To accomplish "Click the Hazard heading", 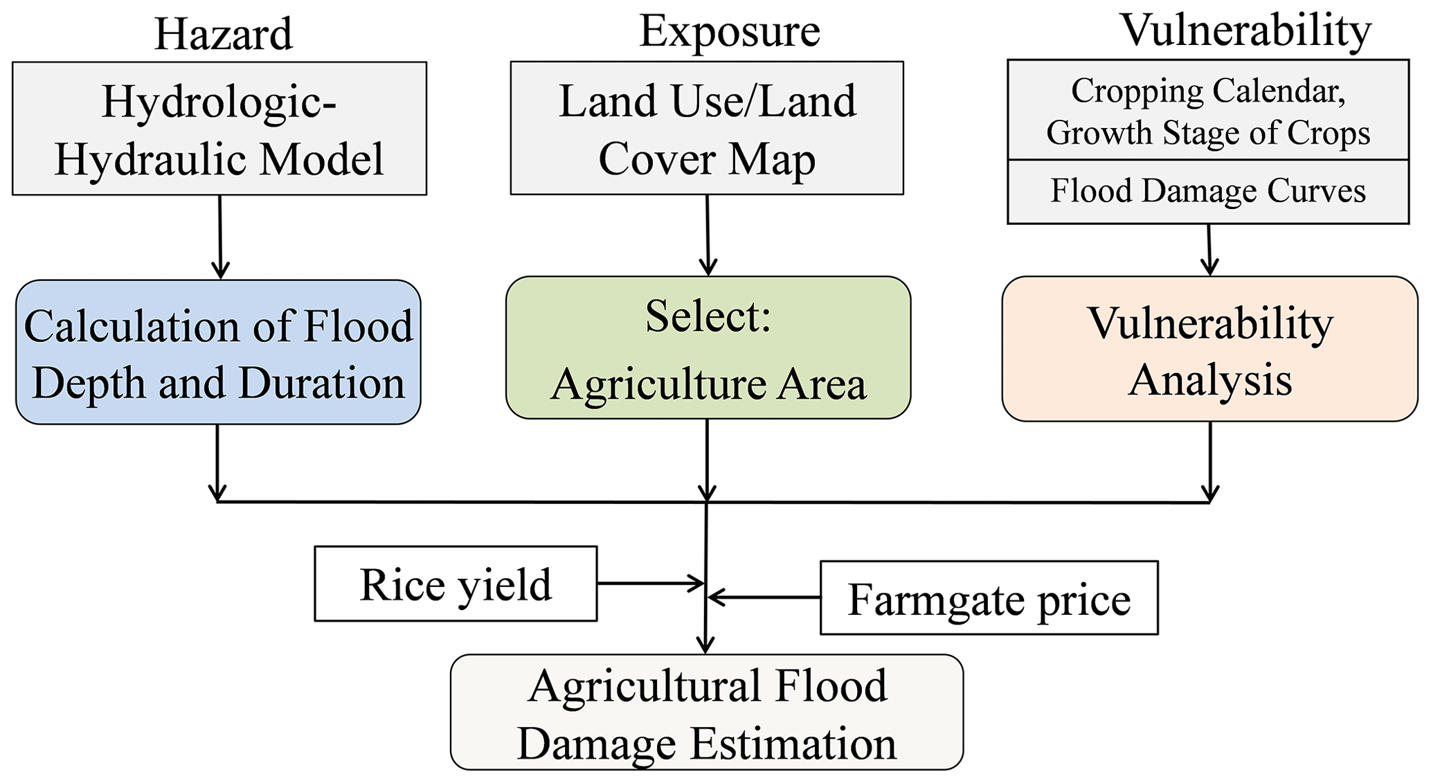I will [x=223, y=34].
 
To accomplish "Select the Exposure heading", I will [x=729, y=31].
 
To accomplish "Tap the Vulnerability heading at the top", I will [x=1245, y=30].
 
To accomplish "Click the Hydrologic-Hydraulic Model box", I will [x=219, y=129].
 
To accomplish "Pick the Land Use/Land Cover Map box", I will [x=707, y=129].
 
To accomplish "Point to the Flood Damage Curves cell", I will [x=1208, y=192].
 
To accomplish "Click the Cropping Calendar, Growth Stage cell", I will [x=1208, y=111].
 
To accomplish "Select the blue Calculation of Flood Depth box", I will [x=218, y=352].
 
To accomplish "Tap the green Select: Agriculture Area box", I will [x=708, y=348].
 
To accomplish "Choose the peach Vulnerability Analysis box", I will [x=1209, y=349].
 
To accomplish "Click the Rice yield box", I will [x=456, y=584].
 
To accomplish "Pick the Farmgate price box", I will [x=989, y=598].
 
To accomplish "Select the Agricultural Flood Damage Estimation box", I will [x=706, y=712].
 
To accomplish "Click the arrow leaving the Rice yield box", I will [x=651, y=584].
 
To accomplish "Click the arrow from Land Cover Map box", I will [x=708, y=235].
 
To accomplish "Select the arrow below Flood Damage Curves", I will [x=1209, y=250].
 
